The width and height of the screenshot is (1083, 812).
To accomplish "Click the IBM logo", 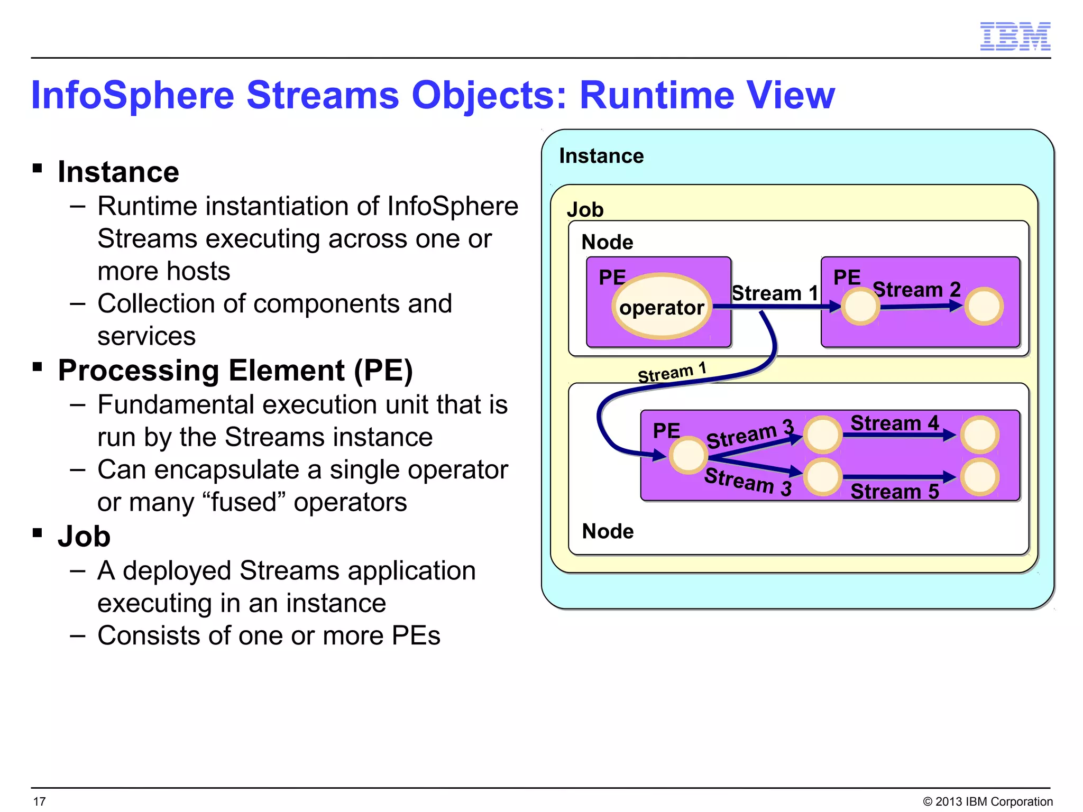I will tap(1015, 36).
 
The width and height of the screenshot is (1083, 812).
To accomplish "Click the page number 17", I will tap(40, 801).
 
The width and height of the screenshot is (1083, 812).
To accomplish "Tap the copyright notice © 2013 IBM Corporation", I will tap(987, 801).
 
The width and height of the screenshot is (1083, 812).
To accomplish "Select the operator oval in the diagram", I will tap(661, 307).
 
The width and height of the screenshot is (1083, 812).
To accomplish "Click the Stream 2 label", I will tap(916, 290).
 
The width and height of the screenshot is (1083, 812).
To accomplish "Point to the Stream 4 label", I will tap(894, 423).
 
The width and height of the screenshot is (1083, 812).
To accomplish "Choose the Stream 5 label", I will tap(894, 492).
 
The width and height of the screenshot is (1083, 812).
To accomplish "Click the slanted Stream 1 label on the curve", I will tap(672, 373).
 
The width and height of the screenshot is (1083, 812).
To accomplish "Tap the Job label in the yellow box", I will tap(585, 210).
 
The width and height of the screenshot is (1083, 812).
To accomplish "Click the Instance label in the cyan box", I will tap(601, 156).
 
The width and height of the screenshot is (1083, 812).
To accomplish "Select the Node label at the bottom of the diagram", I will tap(608, 531).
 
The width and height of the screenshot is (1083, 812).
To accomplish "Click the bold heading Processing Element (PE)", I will tap(235, 370).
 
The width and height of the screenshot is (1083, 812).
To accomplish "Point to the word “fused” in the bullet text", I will tap(244, 502).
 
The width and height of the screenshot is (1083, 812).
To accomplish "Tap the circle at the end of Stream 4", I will tap(980, 435).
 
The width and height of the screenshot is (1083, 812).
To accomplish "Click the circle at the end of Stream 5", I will tap(980, 477).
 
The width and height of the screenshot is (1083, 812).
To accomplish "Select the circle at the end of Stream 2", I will tap(984, 306).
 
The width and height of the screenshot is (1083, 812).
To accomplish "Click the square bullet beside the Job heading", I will tap(37, 532).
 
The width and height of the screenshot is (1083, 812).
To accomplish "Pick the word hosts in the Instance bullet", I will tap(199, 271).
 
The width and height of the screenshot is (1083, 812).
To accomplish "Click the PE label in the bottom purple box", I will tap(666, 430).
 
